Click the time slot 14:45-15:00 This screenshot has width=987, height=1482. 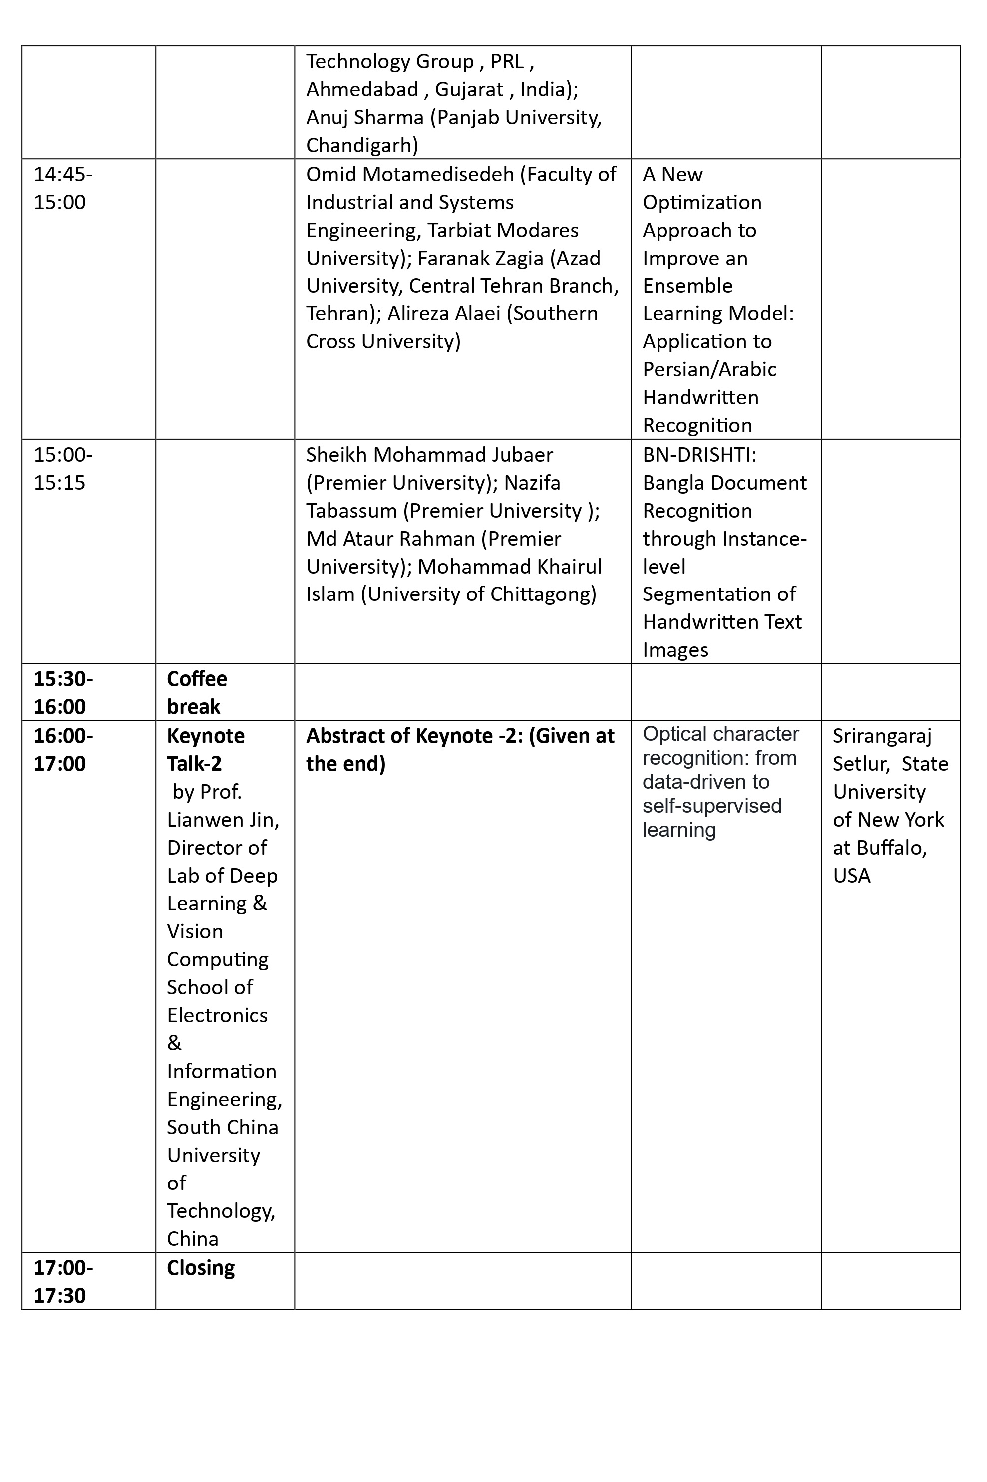pyautogui.click(x=62, y=188)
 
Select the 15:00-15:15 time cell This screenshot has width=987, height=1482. pyautogui.click(x=62, y=469)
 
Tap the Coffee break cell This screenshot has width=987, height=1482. pyautogui.click(x=196, y=692)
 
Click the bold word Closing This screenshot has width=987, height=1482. pyautogui.click(x=200, y=1267)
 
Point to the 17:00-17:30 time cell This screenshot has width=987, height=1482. pyautogui.click(x=62, y=1281)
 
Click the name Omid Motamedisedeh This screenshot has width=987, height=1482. pyautogui.click(x=410, y=174)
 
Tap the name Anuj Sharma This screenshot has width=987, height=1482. pyautogui.click(x=364, y=118)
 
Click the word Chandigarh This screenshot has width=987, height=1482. pyautogui.click(x=361, y=145)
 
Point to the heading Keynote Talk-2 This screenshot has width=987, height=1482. pyautogui.click(x=205, y=750)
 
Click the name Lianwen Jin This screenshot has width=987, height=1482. pyautogui.click(x=223, y=819)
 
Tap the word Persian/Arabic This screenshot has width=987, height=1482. pyautogui.click(x=709, y=369)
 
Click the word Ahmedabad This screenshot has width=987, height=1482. pyautogui.click(x=362, y=89)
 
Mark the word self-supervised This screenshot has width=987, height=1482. pyautogui.click(x=712, y=806)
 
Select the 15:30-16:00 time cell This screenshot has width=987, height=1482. pyautogui.click(x=62, y=692)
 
